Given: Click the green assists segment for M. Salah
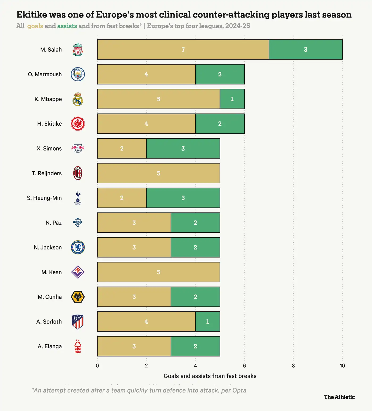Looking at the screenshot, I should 306,49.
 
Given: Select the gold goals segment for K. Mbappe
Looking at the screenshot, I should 159,99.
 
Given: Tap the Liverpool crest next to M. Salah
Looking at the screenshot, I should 78,49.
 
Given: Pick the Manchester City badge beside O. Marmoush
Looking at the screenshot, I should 78,74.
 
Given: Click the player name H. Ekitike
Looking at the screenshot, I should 49,124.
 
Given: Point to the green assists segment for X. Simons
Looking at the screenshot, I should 183,148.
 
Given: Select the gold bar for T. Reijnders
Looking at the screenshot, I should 159,173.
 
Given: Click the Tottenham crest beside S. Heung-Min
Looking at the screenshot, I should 78,198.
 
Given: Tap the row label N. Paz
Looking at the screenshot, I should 54,223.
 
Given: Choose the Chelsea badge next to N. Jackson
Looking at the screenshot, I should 78,247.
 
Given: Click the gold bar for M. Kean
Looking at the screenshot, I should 159,272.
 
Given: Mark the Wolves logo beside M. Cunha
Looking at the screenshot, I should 78,297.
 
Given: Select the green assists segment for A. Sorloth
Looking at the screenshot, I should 208,321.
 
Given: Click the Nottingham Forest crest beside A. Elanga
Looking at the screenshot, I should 78,346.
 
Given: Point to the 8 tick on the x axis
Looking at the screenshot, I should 293,366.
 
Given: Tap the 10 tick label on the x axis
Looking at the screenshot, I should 342,366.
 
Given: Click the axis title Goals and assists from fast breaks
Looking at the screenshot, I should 210,376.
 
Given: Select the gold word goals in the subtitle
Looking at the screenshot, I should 35,26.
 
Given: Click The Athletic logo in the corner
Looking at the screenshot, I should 339,397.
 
